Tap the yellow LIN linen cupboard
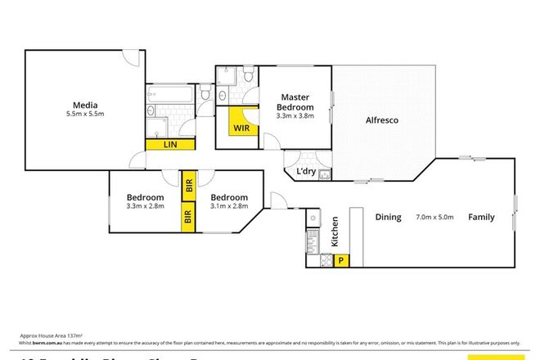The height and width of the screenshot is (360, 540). click(x=170, y=145)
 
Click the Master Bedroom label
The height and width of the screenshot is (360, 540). click(x=295, y=101)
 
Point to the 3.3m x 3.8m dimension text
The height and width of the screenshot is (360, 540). click(x=295, y=116)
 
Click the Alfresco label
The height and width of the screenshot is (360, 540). click(x=381, y=121)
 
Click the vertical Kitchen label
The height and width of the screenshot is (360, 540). click(x=334, y=232)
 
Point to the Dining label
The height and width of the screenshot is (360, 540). click(x=387, y=218)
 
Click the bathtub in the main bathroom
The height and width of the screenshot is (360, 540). click(x=171, y=95)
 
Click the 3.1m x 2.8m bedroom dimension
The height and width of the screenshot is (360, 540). click(x=228, y=207)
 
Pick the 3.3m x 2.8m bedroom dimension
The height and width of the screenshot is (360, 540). click(x=145, y=207)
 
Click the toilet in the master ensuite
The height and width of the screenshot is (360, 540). click(x=246, y=79)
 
